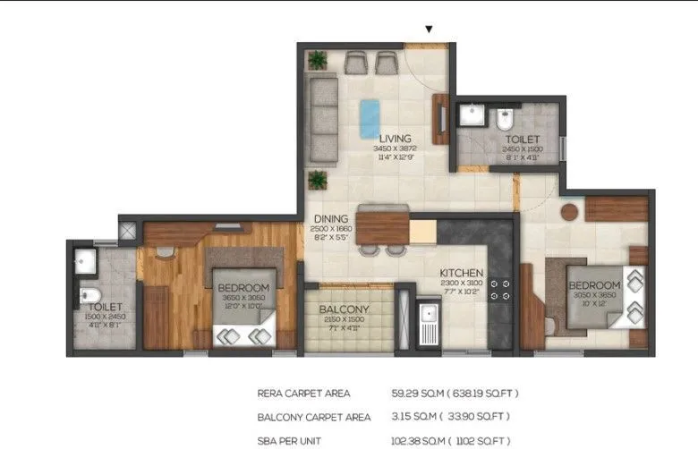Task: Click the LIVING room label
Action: [395, 140]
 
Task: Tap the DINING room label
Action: [331, 218]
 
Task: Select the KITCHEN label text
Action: [462, 273]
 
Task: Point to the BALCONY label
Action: [345, 309]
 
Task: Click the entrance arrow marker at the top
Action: [429, 29]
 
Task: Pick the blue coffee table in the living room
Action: [369, 117]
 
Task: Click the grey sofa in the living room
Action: [320, 120]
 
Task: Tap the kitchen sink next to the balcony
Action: [429, 316]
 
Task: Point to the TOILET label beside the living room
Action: [523, 140]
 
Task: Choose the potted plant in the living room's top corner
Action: [317, 60]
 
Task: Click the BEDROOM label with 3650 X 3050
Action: [243, 287]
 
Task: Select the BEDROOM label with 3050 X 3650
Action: [593, 286]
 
